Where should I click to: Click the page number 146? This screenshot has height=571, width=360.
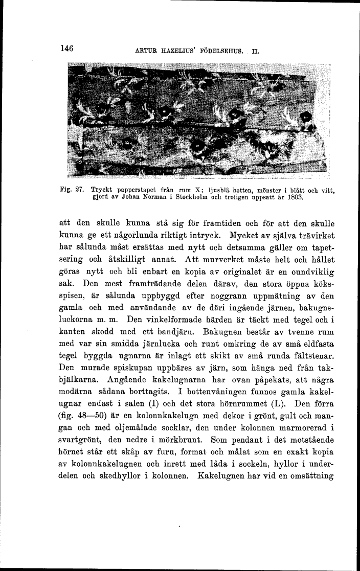tap(67, 49)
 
